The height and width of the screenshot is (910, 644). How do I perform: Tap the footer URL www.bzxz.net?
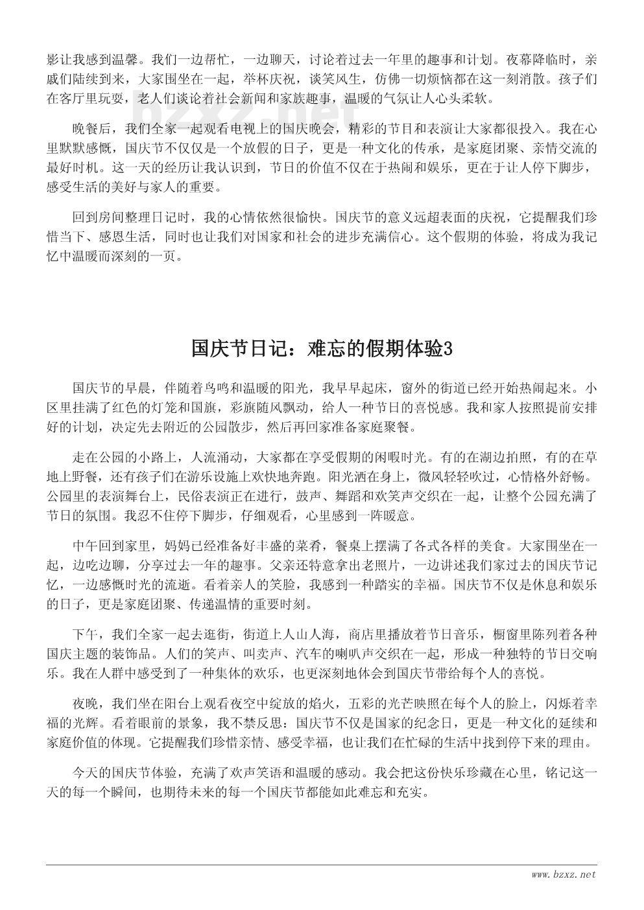pyautogui.click(x=563, y=874)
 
